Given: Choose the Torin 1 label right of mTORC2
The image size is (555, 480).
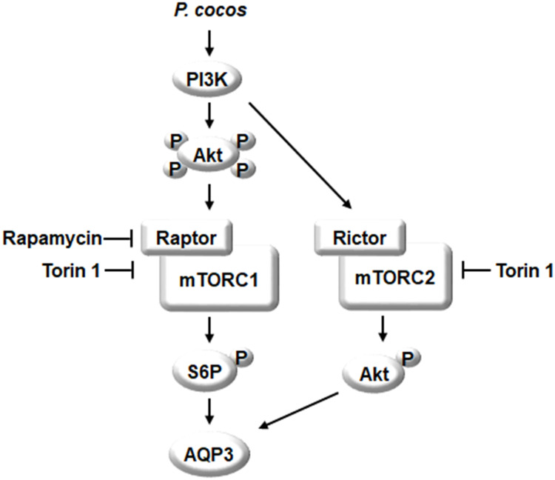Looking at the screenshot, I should click(x=523, y=272).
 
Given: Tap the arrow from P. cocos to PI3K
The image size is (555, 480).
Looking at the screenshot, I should click(x=210, y=43).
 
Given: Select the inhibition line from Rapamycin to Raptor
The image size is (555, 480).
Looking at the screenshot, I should click(x=118, y=238).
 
